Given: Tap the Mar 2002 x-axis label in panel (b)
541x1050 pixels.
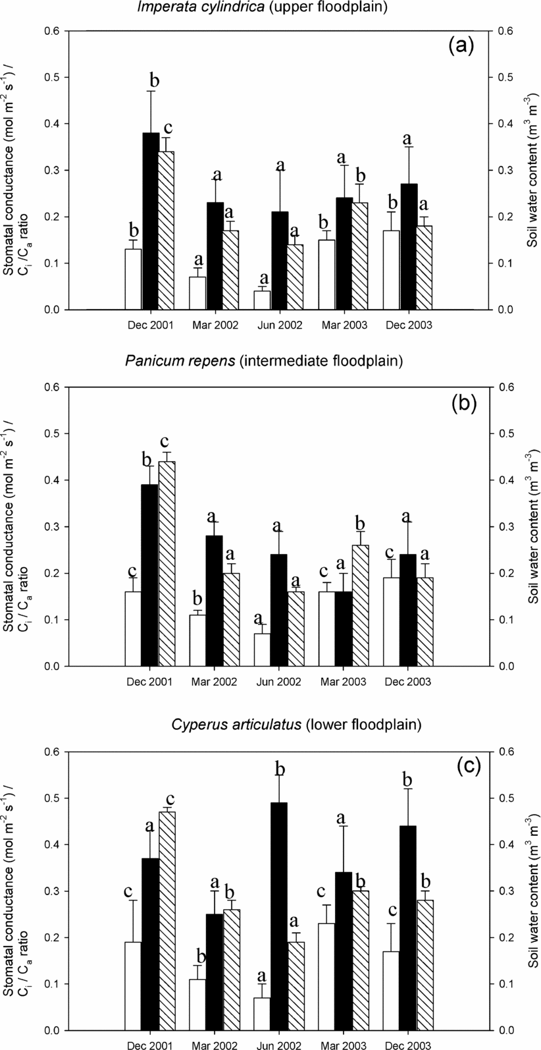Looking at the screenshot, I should tap(215, 682).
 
